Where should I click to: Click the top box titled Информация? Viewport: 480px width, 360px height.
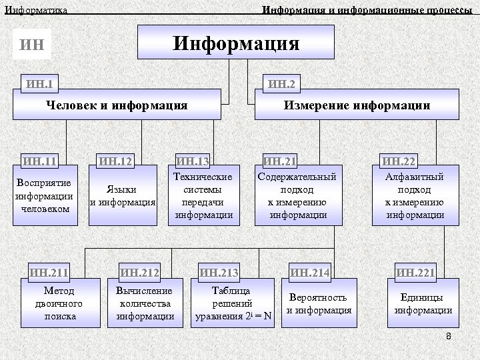pos(236,44)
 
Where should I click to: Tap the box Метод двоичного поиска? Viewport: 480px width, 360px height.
pos(60,303)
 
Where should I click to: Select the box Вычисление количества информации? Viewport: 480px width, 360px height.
pos(144,303)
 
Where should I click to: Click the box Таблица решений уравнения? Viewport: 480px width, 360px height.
pos(232,303)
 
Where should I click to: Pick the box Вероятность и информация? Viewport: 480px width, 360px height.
pos(319,304)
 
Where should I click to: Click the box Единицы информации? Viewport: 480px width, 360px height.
pos(423,304)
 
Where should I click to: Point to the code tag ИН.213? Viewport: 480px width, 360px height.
pos(219,271)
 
